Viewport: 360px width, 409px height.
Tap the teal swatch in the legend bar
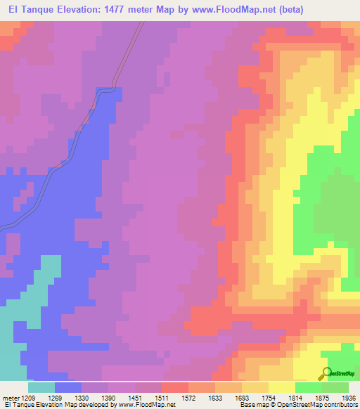click(41, 387)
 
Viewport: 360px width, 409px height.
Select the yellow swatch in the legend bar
click(281, 387)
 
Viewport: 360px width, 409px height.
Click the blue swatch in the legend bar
click(68, 387)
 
